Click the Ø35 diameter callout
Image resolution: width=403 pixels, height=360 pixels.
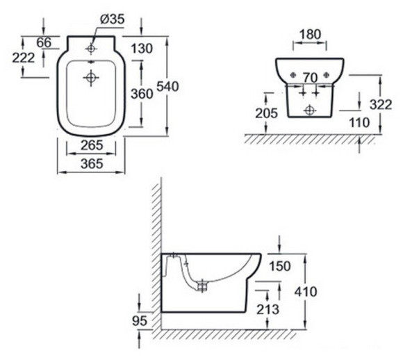(x=112, y=19)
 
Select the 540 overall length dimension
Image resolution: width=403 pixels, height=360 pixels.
(x=167, y=86)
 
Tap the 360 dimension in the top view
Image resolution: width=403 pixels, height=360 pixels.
(x=142, y=94)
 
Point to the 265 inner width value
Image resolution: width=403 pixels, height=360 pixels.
(x=92, y=145)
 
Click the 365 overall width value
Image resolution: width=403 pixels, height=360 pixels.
(x=92, y=163)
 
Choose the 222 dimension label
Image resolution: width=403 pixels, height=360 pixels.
(x=24, y=58)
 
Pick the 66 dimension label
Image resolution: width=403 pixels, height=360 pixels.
(x=44, y=42)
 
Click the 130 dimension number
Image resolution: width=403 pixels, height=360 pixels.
(x=142, y=49)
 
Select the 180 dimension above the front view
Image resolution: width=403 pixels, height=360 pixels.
(x=311, y=35)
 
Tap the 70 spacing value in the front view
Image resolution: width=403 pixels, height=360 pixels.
(x=310, y=78)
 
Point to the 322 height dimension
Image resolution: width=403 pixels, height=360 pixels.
(x=381, y=105)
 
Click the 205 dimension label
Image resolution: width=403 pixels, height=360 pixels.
(x=267, y=113)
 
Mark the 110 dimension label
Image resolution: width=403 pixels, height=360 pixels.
(x=359, y=122)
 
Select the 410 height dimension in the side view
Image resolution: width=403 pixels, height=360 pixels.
(x=306, y=292)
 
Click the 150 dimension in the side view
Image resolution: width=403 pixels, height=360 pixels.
(x=280, y=266)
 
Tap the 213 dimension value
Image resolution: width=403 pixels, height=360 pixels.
(x=268, y=309)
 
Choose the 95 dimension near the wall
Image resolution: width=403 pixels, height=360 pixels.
(x=140, y=320)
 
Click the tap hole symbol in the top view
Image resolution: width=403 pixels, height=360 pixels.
(x=91, y=49)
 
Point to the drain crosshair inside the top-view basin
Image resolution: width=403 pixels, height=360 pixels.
(x=91, y=77)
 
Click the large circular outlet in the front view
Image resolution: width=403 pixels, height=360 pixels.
(x=309, y=111)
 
